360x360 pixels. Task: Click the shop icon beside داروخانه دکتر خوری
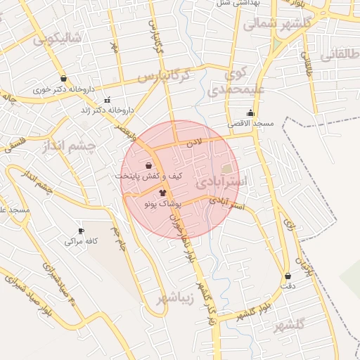[x=64, y=79]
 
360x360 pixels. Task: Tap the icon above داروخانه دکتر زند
[x=107, y=100]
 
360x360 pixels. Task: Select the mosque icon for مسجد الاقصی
[x=250, y=113]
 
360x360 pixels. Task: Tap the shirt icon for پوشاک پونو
[x=162, y=192]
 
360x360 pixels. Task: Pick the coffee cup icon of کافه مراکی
[x=81, y=231]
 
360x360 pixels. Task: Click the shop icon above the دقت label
[x=288, y=276]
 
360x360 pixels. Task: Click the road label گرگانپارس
[x=164, y=75]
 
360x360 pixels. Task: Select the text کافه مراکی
[x=81, y=241]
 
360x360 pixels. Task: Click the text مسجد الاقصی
[x=250, y=123]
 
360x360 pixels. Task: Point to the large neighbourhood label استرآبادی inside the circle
[x=221, y=181]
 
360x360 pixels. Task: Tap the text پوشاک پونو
[x=162, y=202]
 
